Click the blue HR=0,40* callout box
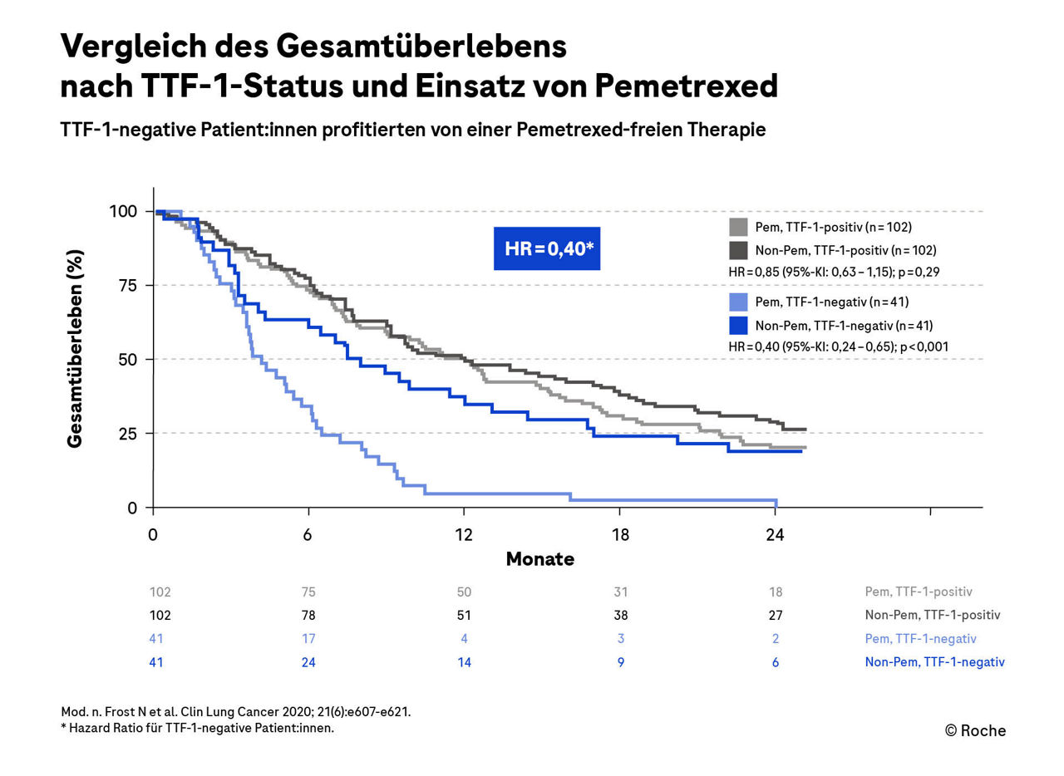(x=547, y=248)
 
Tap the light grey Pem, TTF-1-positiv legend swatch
(x=738, y=227)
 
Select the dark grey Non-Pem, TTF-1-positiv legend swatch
(x=738, y=250)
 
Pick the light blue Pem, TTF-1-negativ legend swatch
(x=738, y=302)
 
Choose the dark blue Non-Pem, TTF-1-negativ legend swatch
(x=738, y=325)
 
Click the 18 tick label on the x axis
(x=620, y=535)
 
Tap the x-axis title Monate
(x=540, y=559)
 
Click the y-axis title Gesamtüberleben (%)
(x=76, y=349)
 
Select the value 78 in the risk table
(x=308, y=616)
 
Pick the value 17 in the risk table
(x=308, y=639)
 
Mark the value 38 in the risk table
(x=620, y=616)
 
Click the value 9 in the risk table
(x=620, y=662)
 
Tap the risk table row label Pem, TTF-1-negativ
(x=920, y=639)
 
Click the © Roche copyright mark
(x=975, y=731)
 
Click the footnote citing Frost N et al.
(x=236, y=712)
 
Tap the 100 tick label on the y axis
(x=123, y=211)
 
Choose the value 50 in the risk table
(x=464, y=592)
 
